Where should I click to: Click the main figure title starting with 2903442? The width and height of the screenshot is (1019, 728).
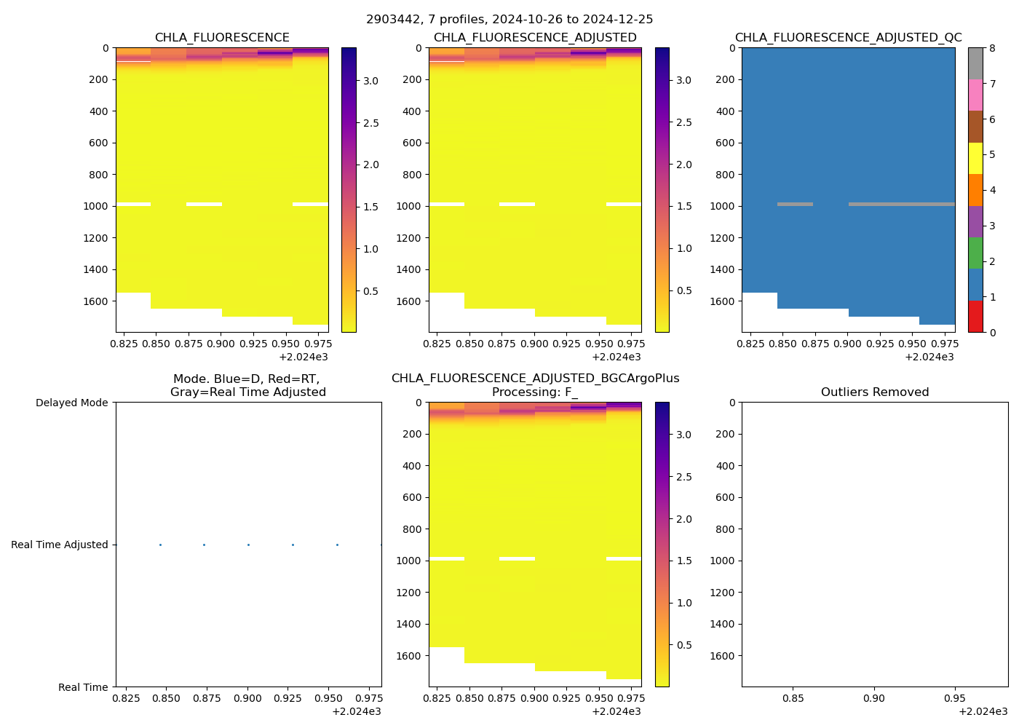coord(509,20)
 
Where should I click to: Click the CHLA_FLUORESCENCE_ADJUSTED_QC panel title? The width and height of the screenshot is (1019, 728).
coord(848,38)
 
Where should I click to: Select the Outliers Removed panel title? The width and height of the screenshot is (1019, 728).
coord(875,392)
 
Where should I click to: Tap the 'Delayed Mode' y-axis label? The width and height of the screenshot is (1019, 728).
coord(71,403)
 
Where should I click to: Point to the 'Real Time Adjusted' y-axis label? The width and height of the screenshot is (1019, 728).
coord(60,545)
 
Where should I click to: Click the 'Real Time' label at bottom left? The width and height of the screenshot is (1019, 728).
coord(83,687)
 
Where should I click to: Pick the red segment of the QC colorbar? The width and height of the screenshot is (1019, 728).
coord(975,317)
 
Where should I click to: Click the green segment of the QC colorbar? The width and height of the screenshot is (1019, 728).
coord(975,253)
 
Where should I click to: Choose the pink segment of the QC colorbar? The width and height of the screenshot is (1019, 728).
coord(975,95)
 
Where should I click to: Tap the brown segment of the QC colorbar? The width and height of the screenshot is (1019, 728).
coord(975,127)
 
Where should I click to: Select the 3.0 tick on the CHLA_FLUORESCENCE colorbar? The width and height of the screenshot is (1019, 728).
coord(370,81)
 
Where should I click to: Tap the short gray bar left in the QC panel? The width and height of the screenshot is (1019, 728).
coord(795,205)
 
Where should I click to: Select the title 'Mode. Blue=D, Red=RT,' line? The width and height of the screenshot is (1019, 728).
coord(246,379)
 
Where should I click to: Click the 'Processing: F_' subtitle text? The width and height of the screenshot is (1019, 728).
coord(535,392)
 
